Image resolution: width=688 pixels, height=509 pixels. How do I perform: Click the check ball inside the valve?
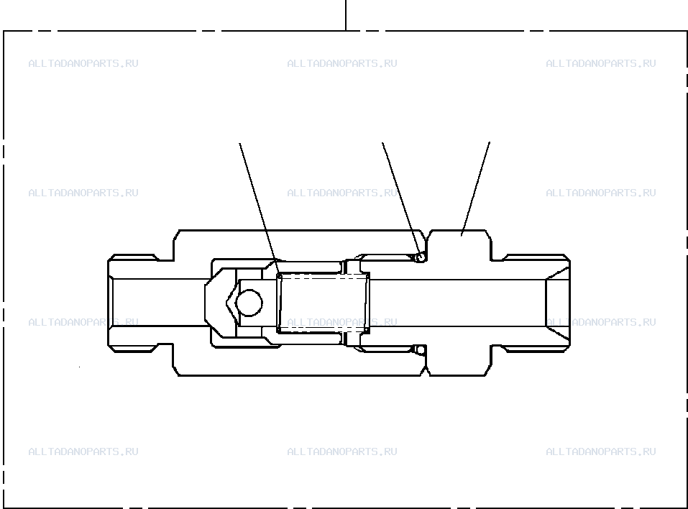point(249,303)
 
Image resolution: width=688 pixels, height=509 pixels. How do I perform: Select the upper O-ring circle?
point(421,257)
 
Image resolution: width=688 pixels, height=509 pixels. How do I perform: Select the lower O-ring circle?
point(421,350)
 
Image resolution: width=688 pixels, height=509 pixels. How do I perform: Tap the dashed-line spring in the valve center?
point(324,303)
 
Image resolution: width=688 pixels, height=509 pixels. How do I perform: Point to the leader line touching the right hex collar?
point(475,189)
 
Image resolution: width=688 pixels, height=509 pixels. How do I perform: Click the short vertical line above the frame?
point(346,15)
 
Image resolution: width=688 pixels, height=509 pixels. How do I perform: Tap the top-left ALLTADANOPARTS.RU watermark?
point(83,63)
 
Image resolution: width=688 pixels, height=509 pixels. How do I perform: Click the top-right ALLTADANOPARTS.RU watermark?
point(601,63)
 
